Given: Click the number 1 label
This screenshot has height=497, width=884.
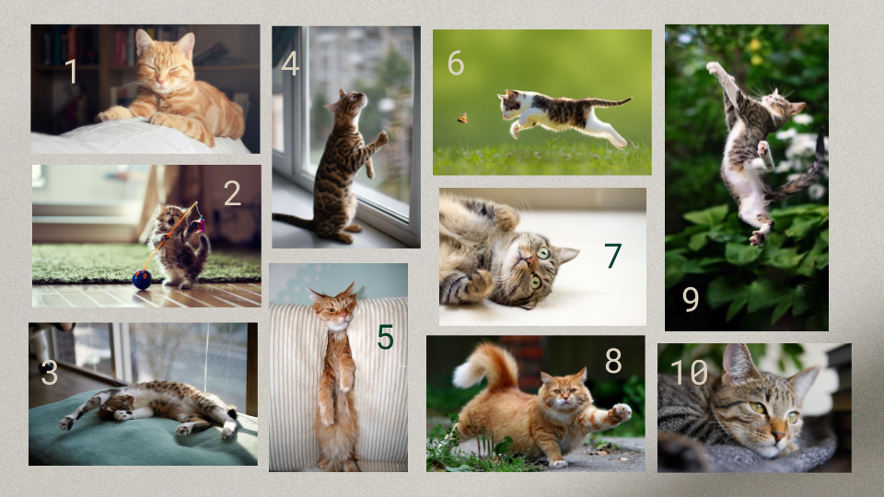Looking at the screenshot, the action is point(71,71).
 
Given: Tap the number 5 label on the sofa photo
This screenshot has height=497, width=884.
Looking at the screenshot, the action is point(385,337).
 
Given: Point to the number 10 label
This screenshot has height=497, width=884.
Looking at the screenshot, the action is point(689,372).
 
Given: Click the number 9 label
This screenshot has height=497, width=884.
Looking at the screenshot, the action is point(691,298).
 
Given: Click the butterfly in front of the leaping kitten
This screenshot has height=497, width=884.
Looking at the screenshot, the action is point(462,118).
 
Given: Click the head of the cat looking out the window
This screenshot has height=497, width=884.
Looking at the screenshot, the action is point(346,101).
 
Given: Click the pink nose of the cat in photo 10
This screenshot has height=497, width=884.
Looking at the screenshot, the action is point(778,435).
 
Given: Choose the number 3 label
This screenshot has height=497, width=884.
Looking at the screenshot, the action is point(50,373).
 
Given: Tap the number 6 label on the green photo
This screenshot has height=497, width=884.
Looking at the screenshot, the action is point(456,63).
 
